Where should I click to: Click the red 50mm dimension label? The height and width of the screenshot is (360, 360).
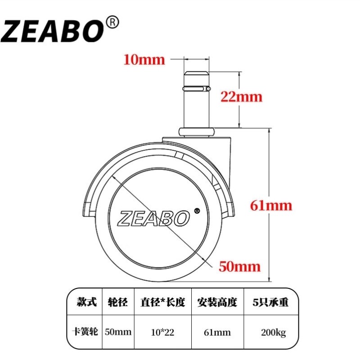239,266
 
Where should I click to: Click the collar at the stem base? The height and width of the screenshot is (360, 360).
197,131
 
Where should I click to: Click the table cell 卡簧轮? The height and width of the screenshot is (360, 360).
85,332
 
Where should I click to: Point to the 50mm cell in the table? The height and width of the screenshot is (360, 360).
118,333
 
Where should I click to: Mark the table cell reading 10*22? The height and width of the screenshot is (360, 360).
162,333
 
